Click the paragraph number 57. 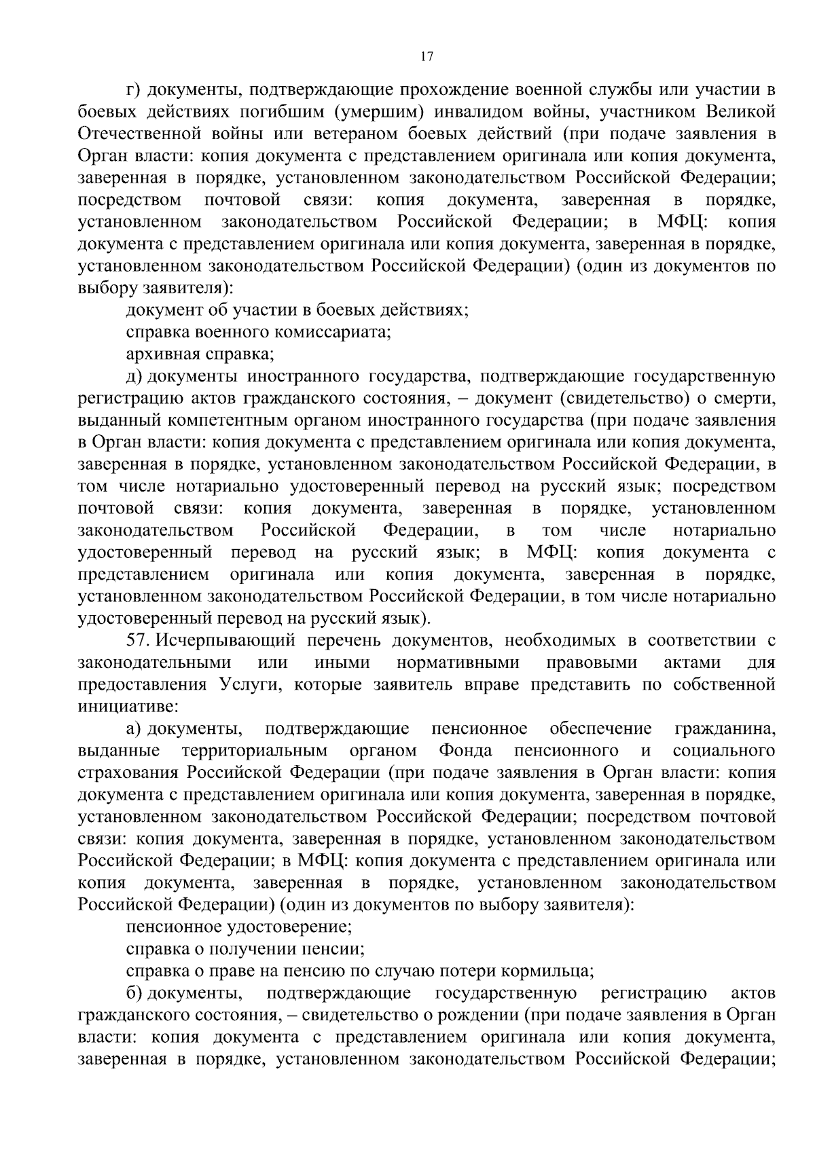(139, 640)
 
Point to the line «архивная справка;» (200, 354)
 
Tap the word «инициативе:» (128, 707)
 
